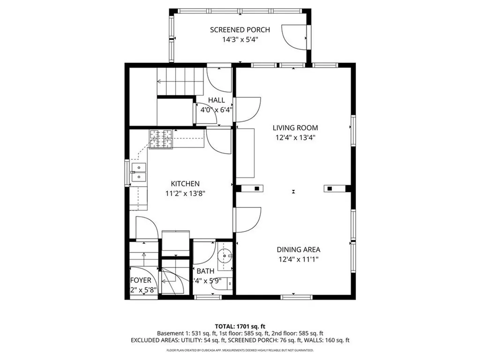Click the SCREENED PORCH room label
pyautogui.click(x=240, y=30)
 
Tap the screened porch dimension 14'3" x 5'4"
pyautogui.click(x=240, y=40)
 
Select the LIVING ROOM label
pyautogui.click(x=295, y=127)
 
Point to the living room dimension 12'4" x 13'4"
pyautogui.click(x=295, y=138)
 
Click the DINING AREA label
pyautogui.click(x=298, y=250)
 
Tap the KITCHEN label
pyautogui.click(x=185, y=184)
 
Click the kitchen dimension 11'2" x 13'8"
pyautogui.click(x=185, y=193)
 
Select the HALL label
pyautogui.click(x=216, y=100)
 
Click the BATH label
pyautogui.click(x=205, y=271)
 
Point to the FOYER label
pyautogui.click(x=141, y=280)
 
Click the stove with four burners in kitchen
pyautogui.click(x=161, y=139)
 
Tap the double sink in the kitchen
pyautogui.click(x=139, y=172)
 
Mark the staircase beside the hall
pyautogui.click(x=181, y=82)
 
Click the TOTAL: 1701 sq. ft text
pyautogui.click(x=240, y=326)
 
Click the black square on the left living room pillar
pyautogui.click(x=256, y=188)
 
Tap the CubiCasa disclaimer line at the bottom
pyautogui.click(x=240, y=350)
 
